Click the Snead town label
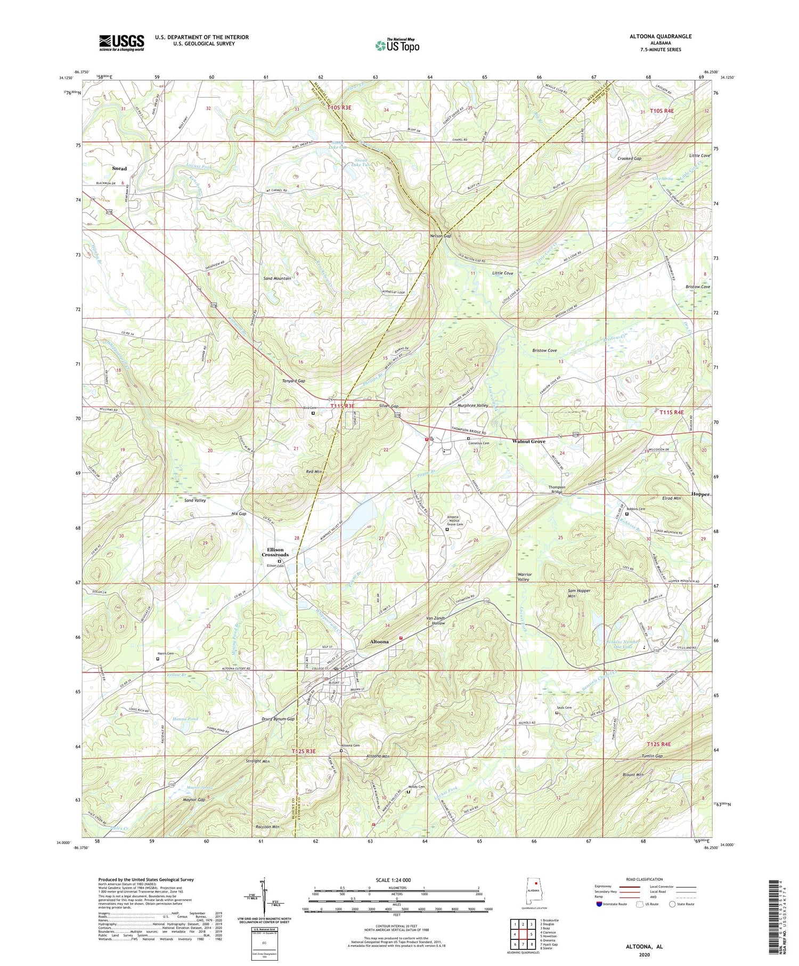[119, 168]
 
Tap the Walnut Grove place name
[528, 441]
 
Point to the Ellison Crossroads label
[275, 552]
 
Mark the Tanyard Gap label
[293, 381]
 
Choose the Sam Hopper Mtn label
[579, 594]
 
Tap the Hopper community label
[700, 494]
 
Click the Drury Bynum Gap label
[279, 719]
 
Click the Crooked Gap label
[629, 159]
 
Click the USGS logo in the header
[121, 43]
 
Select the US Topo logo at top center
[397, 45]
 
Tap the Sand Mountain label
[278, 278]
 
